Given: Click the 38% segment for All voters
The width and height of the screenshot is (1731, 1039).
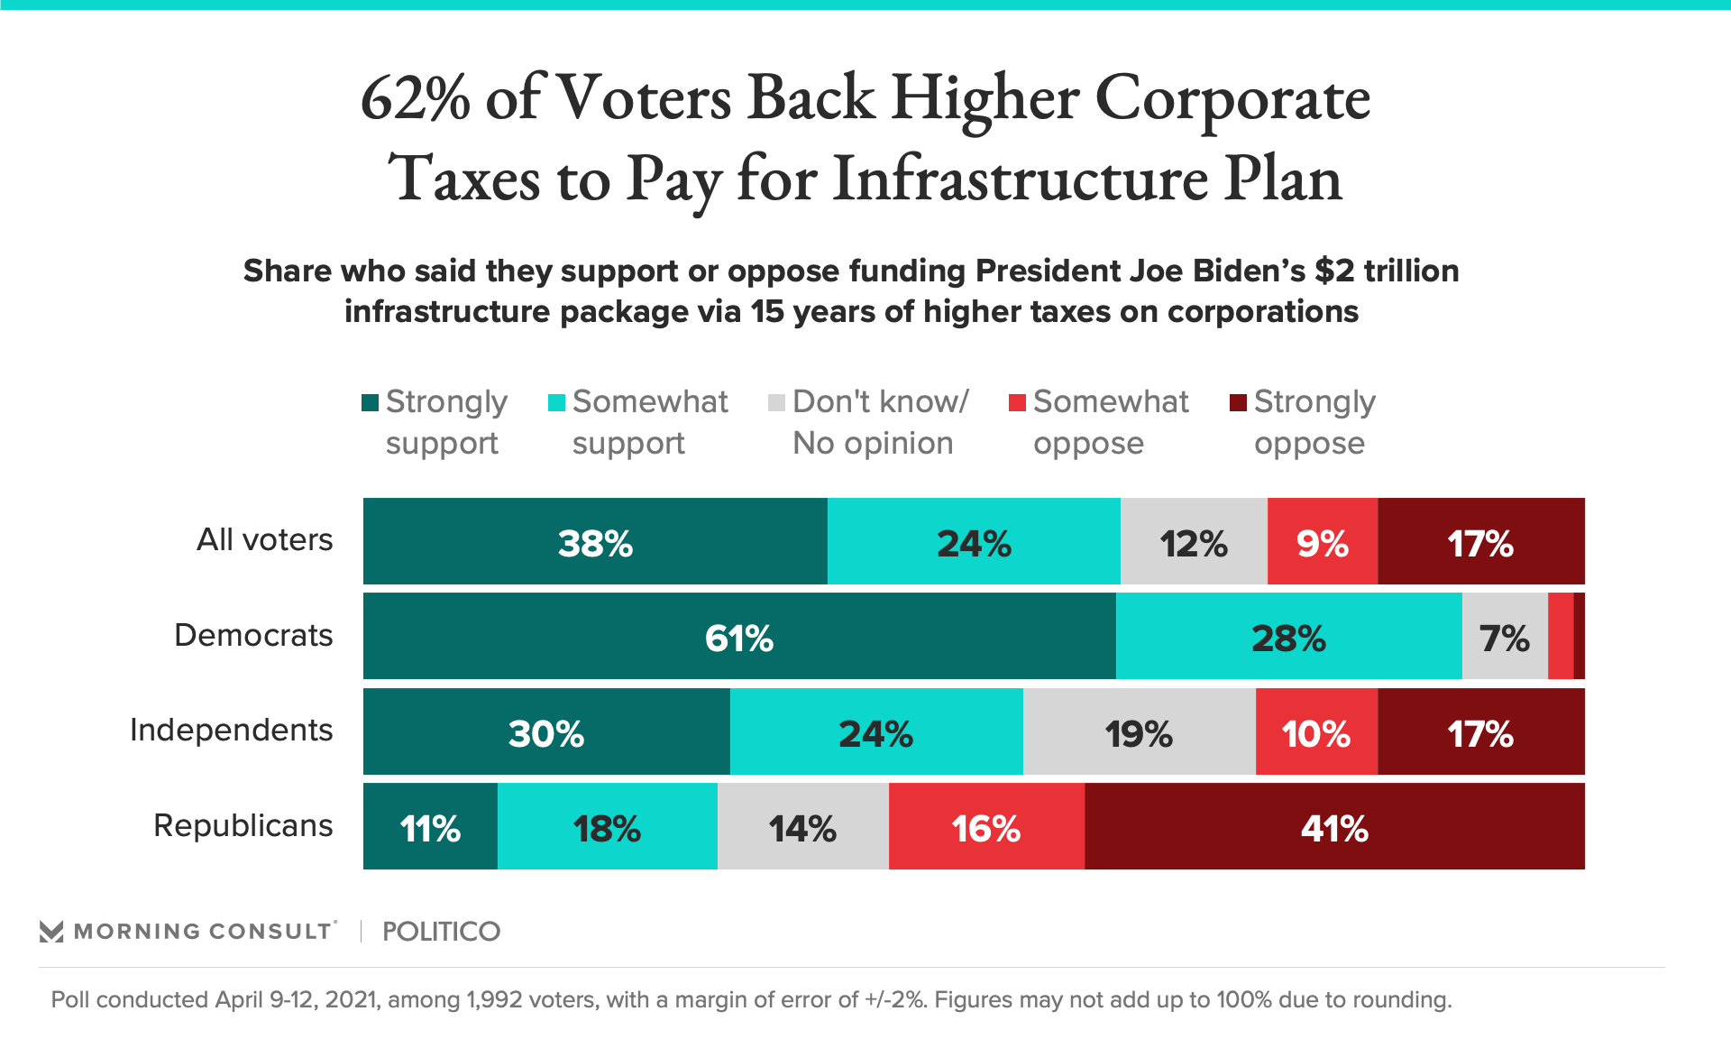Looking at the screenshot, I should pyautogui.click(x=595, y=541).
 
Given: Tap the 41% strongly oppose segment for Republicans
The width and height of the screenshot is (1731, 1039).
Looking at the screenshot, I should pyautogui.click(x=1334, y=826).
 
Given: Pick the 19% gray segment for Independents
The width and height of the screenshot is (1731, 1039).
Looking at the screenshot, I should pyautogui.click(x=1139, y=731).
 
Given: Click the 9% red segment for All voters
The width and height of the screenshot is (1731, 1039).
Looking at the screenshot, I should pyautogui.click(x=1322, y=541).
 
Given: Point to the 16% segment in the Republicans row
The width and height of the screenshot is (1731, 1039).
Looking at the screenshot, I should pyautogui.click(x=986, y=826).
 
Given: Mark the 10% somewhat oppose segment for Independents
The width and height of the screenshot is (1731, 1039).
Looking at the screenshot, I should pyautogui.click(x=1316, y=731).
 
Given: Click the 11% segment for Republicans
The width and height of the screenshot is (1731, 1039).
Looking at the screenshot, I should pyautogui.click(x=430, y=826).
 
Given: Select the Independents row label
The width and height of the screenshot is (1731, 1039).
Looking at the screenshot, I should pyautogui.click(x=232, y=730).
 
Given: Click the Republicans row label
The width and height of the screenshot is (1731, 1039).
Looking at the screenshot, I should pyautogui.click(x=243, y=825).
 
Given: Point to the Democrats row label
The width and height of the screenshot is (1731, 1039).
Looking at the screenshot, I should pyautogui.click(x=253, y=635).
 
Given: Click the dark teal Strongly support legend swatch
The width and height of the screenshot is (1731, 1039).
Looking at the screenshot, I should pyautogui.click(x=370, y=403).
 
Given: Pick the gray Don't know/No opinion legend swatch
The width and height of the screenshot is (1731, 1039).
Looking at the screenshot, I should pyautogui.click(x=776, y=403).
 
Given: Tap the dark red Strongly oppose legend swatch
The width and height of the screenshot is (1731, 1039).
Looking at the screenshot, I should pyautogui.click(x=1238, y=403).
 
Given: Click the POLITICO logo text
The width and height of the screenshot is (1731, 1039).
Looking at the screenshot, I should pyautogui.click(x=441, y=932).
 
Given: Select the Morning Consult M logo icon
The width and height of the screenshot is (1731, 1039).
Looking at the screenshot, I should pyautogui.click(x=51, y=932).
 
